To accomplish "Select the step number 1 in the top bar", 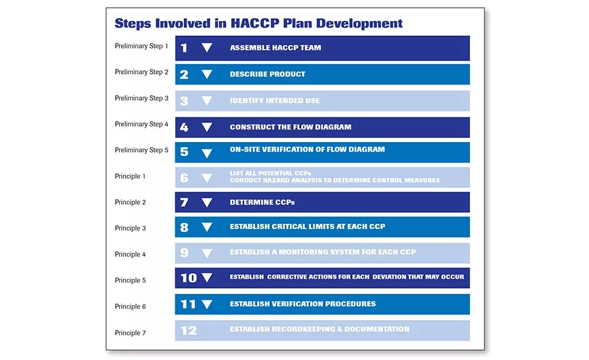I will pos(184,48).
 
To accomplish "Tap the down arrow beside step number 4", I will pos(207,128).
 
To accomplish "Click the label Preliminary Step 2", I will pos(141,72).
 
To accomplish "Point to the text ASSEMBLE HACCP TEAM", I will pos(275,48).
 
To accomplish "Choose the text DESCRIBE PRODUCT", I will pos(267,74).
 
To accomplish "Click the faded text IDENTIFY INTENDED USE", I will pos(274,101).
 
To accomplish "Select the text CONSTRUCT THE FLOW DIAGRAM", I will pos(290,127).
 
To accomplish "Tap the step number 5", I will pos(184,152).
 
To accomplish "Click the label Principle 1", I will pos(130,176).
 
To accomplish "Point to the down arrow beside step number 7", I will pos(207,202).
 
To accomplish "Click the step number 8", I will pos(184,228).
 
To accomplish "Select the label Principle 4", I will pos(130,254).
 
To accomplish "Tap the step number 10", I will pos(188,278).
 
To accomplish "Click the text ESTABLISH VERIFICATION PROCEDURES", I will pos(302,304).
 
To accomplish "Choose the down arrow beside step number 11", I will pos(207,304).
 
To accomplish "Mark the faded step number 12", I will pos(188,331).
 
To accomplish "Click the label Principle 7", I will pos(130,333).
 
